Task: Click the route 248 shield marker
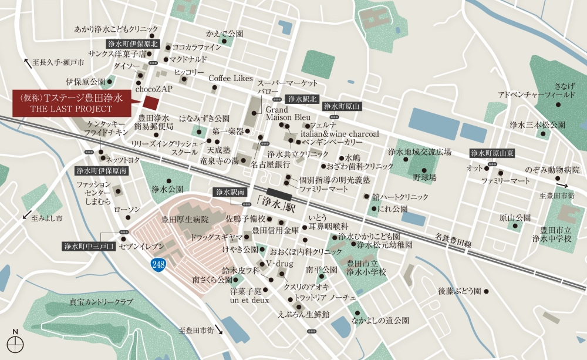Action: [x=158, y=265]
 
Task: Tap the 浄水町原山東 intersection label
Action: [x=492, y=153]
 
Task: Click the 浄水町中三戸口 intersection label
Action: [x=90, y=246]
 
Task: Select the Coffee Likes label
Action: [x=231, y=78]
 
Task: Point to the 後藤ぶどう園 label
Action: [x=460, y=291]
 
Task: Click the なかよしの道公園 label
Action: [x=380, y=321]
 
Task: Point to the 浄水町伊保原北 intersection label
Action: [x=133, y=43]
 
